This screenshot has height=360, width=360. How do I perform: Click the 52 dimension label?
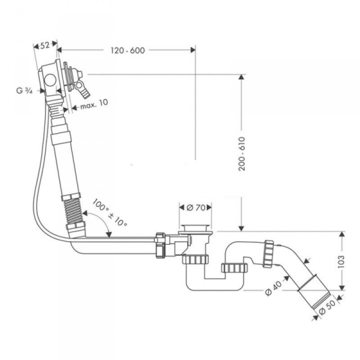coord(45,45)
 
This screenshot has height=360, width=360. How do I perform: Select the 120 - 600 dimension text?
coord(128,50)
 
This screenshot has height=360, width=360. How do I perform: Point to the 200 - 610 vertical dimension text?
coord(242,154)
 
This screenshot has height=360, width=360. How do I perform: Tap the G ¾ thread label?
coord(24,91)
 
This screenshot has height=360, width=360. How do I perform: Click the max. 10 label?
coord(94,104)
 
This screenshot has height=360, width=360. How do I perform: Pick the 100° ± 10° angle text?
coord(110,213)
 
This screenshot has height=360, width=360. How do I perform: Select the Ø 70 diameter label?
coord(195,208)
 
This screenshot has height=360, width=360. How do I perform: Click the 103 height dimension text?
coord(341,261)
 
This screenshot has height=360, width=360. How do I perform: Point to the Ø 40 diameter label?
coord(273,288)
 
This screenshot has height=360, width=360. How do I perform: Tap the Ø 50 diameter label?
coord(327,307)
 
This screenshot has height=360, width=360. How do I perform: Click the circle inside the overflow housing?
coord(50,80)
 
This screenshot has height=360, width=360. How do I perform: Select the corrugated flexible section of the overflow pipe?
coord(74,212)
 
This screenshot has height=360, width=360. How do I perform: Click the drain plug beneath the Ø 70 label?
coord(195,229)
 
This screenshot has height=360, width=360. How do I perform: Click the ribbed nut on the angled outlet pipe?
coord(269,254)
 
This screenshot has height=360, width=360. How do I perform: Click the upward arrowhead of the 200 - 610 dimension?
coord(241,77)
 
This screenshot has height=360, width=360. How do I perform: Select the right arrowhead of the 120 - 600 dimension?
coord(193,50)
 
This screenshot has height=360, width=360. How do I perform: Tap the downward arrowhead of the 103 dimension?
coord(342,287)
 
